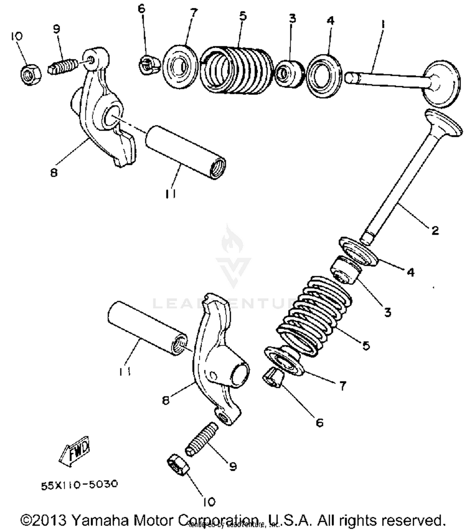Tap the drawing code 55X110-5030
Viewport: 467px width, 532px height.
(x=80, y=485)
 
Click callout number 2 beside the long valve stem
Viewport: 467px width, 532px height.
(x=435, y=230)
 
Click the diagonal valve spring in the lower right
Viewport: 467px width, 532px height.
(x=314, y=315)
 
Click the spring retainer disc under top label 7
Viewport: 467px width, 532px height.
(x=180, y=67)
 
